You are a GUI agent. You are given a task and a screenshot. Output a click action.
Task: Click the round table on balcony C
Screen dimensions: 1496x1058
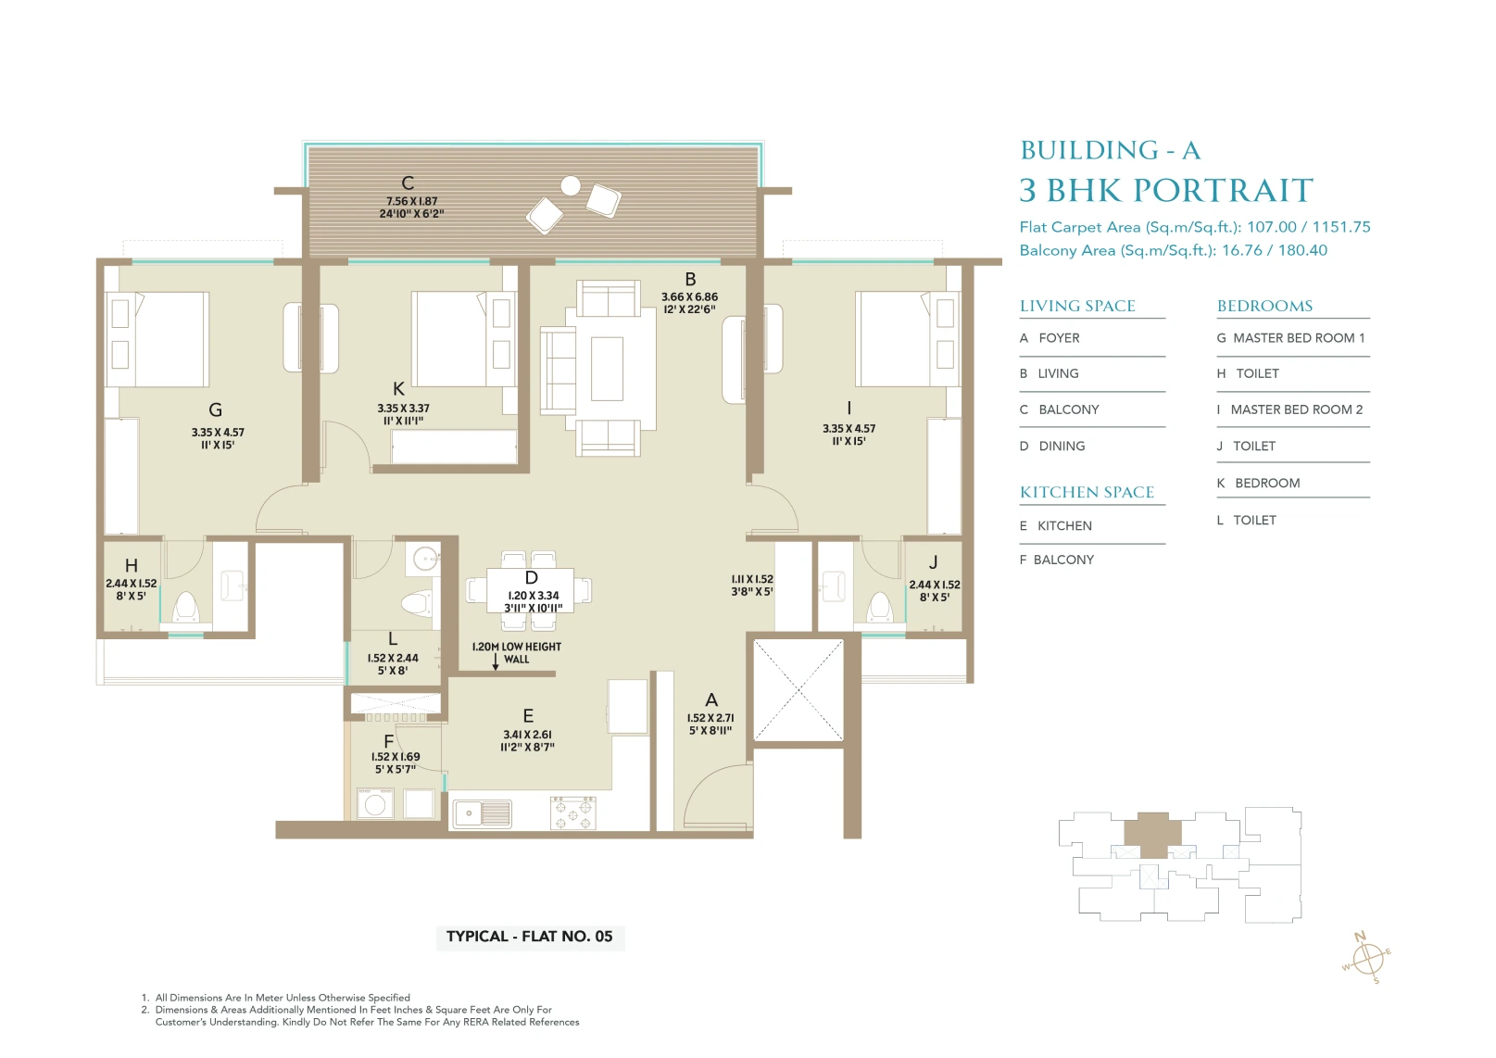[x=571, y=185]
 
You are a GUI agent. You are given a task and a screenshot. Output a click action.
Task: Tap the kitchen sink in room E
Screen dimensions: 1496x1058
[x=483, y=814]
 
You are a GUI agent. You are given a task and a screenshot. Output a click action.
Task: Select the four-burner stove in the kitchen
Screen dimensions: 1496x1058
[x=573, y=812]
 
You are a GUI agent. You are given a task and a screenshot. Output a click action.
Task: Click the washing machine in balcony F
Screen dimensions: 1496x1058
[x=374, y=804]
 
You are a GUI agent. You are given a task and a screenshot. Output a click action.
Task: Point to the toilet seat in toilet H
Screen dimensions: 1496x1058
[x=185, y=607]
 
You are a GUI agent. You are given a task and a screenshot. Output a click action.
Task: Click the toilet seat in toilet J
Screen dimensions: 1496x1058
[x=880, y=607]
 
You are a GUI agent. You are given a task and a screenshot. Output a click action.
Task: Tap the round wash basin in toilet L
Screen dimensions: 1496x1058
[x=424, y=559]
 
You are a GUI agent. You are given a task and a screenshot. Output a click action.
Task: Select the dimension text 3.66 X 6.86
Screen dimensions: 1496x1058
[x=689, y=296]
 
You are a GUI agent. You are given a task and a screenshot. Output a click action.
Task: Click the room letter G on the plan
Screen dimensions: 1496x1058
[x=215, y=409]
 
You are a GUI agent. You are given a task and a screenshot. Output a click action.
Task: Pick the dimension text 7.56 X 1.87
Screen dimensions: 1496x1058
[x=411, y=201]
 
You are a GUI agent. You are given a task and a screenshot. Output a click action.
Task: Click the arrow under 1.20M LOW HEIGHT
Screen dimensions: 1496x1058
[x=495, y=661]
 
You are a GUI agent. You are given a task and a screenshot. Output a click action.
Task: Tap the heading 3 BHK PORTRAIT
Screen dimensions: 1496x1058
[x=1166, y=190]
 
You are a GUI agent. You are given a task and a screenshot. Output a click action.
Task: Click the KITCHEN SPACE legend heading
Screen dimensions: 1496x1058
[x=1087, y=492]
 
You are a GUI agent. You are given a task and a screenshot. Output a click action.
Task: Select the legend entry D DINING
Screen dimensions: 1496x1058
[x=1052, y=446]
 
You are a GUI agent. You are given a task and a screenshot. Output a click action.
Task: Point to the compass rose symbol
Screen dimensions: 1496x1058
[x=1367, y=959]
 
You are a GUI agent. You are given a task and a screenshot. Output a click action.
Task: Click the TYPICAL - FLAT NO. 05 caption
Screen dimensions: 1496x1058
[x=530, y=937]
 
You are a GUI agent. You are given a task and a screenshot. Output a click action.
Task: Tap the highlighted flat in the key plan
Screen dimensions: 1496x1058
[x=1152, y=834]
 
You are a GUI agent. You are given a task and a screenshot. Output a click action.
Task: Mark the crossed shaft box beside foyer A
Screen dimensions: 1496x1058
[x=798, y=690]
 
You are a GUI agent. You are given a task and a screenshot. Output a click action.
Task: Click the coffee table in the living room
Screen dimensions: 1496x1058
[x=607, y=369]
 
